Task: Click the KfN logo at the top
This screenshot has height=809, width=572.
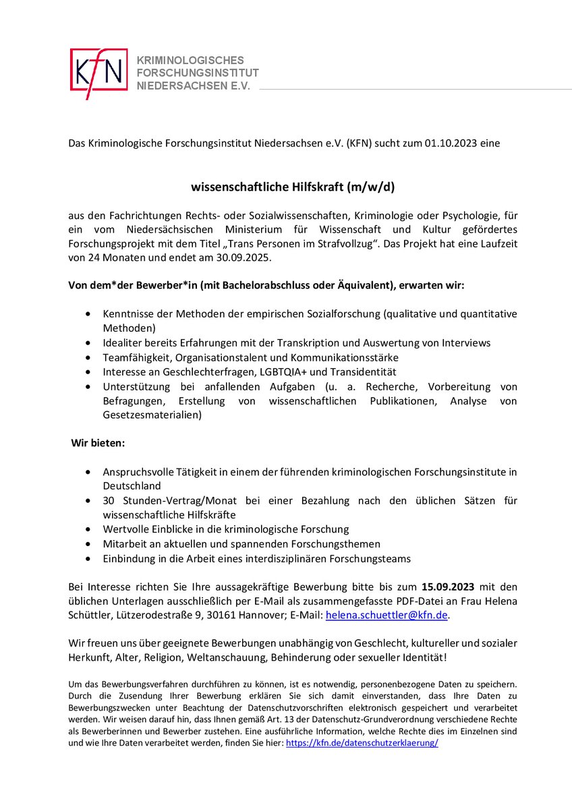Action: (x=98, y=73)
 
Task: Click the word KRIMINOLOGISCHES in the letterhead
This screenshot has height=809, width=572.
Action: (x=190, y=61)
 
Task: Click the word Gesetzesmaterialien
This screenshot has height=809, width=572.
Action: (x=152, y=415)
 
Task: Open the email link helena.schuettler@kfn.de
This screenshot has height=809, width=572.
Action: (x=387, y=615)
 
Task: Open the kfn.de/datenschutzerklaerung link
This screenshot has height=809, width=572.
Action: (x=362, y=742)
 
